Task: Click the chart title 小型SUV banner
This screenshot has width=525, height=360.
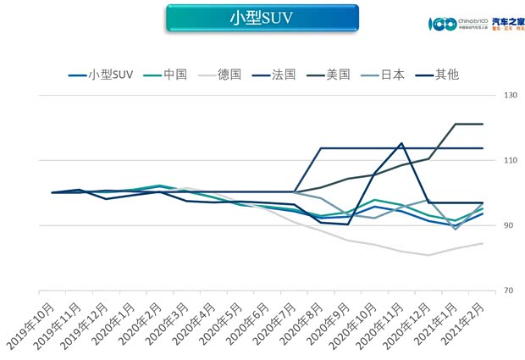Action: pyautogui.click(x=262, y=18)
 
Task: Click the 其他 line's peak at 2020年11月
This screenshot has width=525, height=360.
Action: pyautogui.click(x=401, y=143)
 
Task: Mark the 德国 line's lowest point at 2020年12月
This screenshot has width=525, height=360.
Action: pyautogui.click(x=428, y=255)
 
